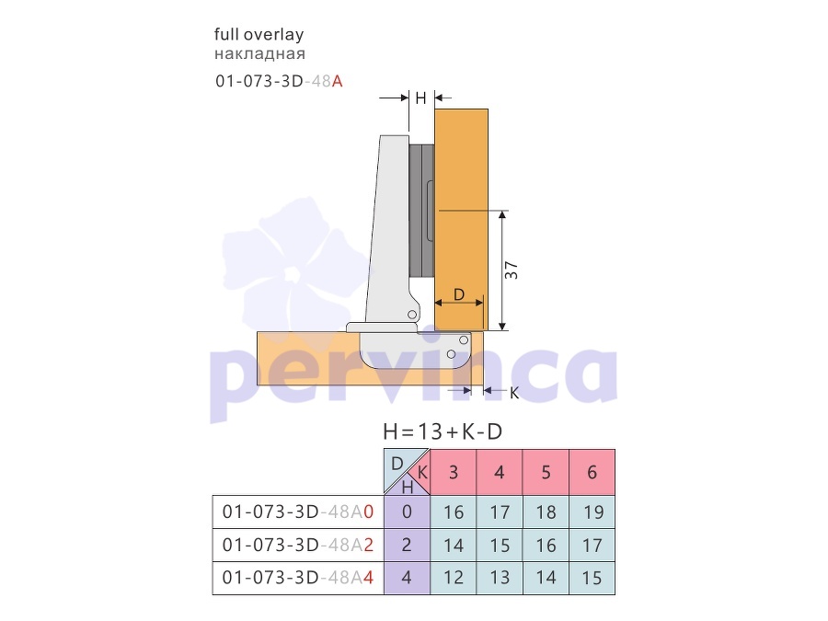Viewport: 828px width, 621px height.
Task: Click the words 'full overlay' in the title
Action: click(259, 35)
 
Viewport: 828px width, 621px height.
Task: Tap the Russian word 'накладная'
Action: click(259, 54)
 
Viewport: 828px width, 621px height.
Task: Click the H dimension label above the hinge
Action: click(420, 98)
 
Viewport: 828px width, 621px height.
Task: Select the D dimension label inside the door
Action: click(459, 293)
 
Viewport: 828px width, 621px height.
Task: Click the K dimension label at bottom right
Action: click(514, 393)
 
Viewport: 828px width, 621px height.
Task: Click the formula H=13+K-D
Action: click(443, 431)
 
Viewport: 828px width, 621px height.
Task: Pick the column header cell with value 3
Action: click(453, 472)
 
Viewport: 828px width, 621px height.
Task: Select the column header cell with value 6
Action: click(592, 472)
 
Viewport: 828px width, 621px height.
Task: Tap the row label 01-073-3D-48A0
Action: click(298, 512)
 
